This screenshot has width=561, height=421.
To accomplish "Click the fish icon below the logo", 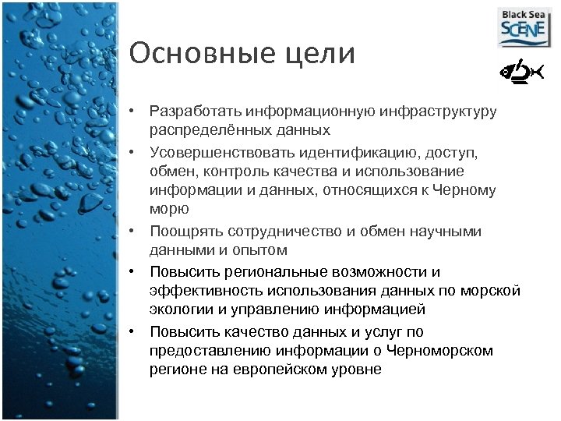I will pos(520,73).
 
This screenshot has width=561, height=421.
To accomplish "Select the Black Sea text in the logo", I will pos(524,14).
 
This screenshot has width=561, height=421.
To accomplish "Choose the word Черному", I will pos(467,190).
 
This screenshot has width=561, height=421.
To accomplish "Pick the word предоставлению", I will pos(200,351).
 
